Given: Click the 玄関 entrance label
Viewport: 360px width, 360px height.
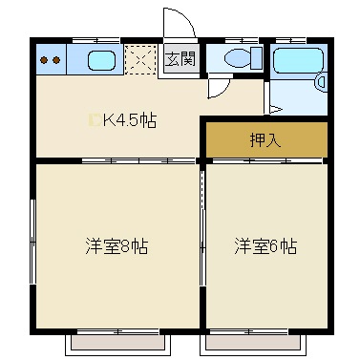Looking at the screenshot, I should tap(179, 59).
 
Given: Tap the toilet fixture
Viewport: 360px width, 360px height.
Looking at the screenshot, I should tap(238, 59).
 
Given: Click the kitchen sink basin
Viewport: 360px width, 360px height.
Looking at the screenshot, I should tap(102, 60).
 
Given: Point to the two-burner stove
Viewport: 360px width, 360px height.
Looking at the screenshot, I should tap(51, 60).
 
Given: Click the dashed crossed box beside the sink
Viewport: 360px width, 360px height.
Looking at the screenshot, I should tap(140, 60).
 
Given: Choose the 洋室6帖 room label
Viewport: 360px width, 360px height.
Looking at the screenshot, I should tap(265, 246).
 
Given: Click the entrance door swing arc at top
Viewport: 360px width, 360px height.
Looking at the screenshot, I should tap(176, 23).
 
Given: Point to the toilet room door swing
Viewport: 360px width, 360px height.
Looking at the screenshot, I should tap(218, 87).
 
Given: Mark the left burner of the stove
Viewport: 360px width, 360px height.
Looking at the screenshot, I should tap(44, 60).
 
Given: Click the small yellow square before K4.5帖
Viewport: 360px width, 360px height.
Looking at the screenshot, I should tap(93, 120).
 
